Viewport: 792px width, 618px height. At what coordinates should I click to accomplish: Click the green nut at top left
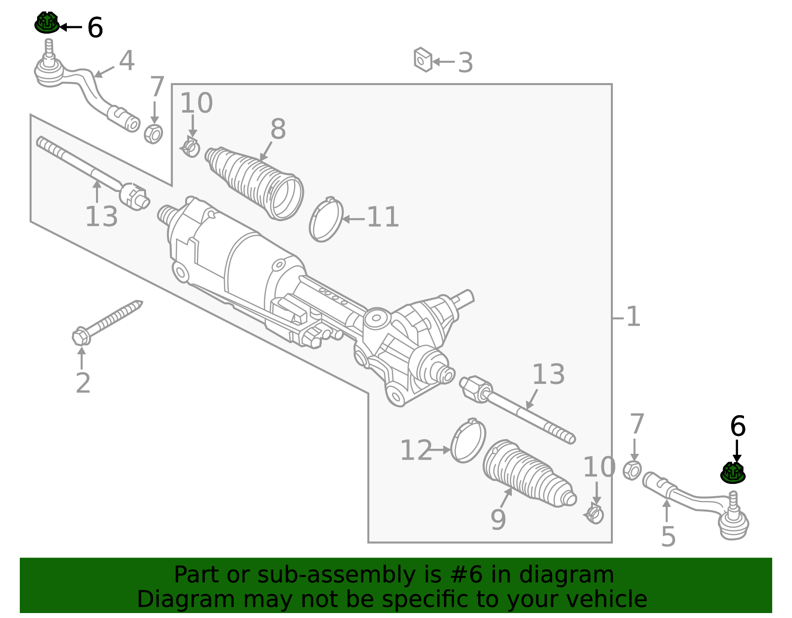coord(47,23)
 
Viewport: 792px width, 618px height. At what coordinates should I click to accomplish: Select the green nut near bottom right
coord(733,473)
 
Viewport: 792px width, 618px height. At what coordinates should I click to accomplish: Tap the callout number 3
coord(465,63)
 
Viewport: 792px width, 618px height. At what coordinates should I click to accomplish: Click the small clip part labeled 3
coord(423,60)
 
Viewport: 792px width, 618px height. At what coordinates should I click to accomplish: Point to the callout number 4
coord(127,61)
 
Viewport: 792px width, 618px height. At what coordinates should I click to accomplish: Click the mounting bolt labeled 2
coord(106,323)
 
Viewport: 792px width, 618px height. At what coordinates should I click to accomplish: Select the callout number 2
coord(83,383)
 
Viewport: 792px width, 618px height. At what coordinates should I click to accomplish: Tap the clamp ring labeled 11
coord(326,220)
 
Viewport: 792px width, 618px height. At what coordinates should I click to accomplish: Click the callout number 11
coord(383,218)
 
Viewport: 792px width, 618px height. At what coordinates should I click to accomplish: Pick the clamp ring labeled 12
coord(468,441)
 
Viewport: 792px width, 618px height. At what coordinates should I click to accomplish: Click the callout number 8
coord(278,130)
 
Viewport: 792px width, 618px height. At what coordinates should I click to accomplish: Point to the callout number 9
coord(498,520)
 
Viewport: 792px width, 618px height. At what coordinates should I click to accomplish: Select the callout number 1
coord(633,317)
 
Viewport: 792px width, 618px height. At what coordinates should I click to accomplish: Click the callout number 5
coord(668,537)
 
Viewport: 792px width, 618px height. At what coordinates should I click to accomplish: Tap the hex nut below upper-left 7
coord(153,134)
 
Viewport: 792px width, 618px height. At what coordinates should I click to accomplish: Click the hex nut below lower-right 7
coord(632,470)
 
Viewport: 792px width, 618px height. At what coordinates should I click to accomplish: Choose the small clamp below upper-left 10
coord(191,147)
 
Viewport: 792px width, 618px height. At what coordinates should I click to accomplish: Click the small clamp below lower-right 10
coord(594,514)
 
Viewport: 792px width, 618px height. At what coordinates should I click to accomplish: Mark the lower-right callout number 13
coord(548,375)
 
